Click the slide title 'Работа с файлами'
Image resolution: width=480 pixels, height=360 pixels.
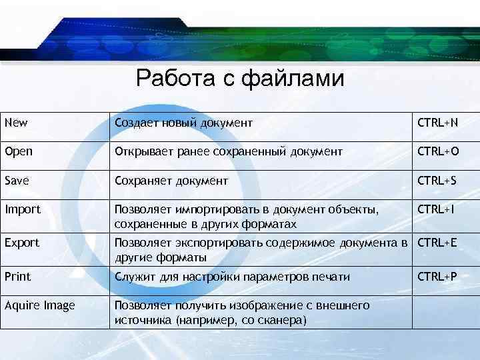tap(240, 79)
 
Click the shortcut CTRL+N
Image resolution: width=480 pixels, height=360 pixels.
tap(437, 123)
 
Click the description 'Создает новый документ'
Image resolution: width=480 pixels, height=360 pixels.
tap(183, 123)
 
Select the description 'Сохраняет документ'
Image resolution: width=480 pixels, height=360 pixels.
tap(171, 180)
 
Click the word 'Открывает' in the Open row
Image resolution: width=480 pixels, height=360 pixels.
tap(143, 151)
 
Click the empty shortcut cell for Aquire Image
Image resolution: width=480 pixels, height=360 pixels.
tap(444, 312)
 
